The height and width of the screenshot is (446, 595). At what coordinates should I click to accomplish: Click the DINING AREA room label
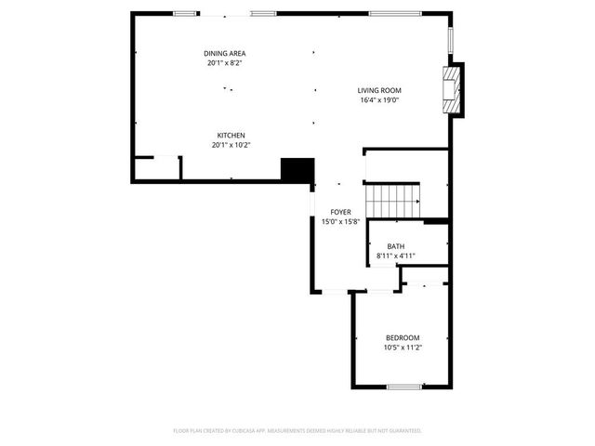pyautogui.click(x=224, y=54)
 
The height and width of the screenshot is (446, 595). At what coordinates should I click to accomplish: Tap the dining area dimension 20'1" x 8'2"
pyautogui.click(x=224, y=63)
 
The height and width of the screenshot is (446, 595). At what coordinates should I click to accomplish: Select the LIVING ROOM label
pyautogui.click(x=378, y=90)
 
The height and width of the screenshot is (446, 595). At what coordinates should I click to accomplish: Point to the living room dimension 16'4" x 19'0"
pyautogui.click(x=378, y=99)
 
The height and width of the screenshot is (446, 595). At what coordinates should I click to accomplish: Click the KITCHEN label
pyautogui.click(x=231, y=136)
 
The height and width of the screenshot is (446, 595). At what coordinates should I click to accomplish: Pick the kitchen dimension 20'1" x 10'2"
pyautogui.click(x=231, y=145)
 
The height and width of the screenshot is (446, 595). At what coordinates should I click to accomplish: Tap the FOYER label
pyautogui.click(x=341, y=212)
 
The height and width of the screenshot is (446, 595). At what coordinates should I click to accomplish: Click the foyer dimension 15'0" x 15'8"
pyautogui.click(x=341, y=221)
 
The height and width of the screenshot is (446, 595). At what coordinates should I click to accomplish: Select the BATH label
pyautogui.click(x=396, y=246)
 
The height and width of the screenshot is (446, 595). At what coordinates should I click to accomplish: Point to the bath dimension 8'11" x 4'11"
pyautogui.click(x=396, y=256)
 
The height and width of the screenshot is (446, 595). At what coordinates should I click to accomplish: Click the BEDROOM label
pyautogui.click(x=403, y=337)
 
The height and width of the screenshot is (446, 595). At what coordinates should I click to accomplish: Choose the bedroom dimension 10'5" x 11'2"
pyautogui.click(x=403, y=348)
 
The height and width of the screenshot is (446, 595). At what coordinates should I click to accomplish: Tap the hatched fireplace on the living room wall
pyautogui.click(x=452, y=88)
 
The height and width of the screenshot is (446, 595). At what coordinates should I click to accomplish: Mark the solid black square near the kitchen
pyautogui.click(x=297, y=170)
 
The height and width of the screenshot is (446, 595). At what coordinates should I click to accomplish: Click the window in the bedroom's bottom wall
pyautogui.click(x=404, y=386)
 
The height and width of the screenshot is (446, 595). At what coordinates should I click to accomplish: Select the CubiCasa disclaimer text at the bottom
pyautogui.click(x=297, y=430)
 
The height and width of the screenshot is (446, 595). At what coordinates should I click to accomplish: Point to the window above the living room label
pyautogui.click(x=388, y=14)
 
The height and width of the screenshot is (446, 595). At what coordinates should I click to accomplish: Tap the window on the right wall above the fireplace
pyautogui.click(x=450, y=39)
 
